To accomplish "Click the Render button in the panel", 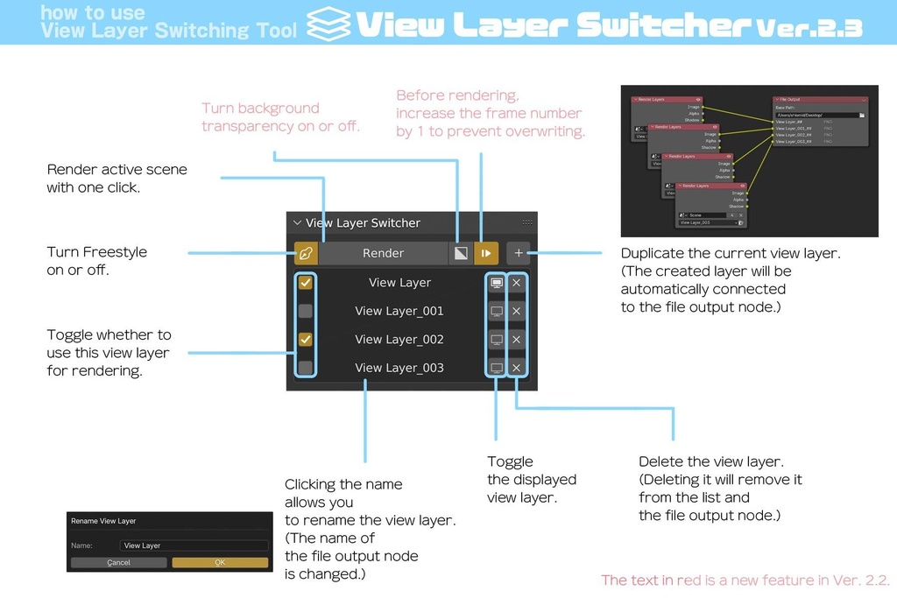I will pyautogui.click(x=383, y=253).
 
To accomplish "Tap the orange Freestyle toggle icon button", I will pyautogui.click(x=306, y=253).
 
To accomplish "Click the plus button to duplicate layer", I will pyautogui.click(x=519, y=253).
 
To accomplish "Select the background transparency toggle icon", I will pyautogui.click(x=460, y=253).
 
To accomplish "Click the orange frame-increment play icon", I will pyautogui.click(x=486, y=253).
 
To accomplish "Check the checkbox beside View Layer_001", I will pyautogui.click(x=305, y=311).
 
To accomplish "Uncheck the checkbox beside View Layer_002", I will pyautogui.click(x=305, y=339).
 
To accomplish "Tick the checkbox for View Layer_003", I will pyautogui.click(x=305, y=368).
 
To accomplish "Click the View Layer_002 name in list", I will pyautogui.click(x=399, y=339).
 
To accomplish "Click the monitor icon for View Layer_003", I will pyautogui.click(x=497, y=368).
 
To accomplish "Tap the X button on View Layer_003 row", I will pyautogui.click(x=517, y=368).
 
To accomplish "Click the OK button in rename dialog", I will pyautogui.click(x=220, y=562).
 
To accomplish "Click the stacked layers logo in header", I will pyautogui.click(x=328, y=25).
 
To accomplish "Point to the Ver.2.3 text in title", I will pyautogui.click(x=809, y=28).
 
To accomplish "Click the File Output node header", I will pyautogui.click(x=819, y=100).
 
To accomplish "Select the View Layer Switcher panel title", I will pyautogui.click(x=363, y=223).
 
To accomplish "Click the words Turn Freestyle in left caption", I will pyautogui.click(x=97, y=252).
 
